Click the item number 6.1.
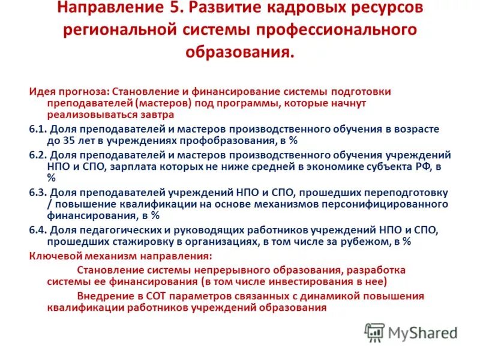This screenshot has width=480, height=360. tap(37, 129)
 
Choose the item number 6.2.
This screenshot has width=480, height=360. tap(37, 155)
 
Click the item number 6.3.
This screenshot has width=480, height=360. tap(37, 193)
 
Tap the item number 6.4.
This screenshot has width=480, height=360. tap(37, 230)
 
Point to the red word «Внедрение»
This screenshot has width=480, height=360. tap(105, 296)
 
